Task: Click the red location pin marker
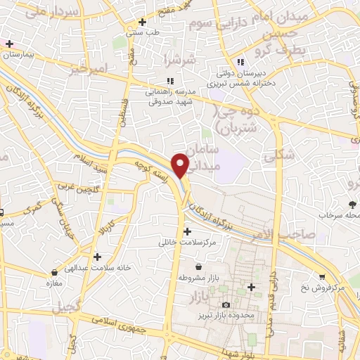tap(181, 165)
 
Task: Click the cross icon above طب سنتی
tap(143, 22)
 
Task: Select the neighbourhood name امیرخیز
tap(88, 69)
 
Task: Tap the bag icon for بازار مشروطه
tap(199, 266)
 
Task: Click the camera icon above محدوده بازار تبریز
tap(225, 304)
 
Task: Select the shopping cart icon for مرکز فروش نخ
tap(323, 277)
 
